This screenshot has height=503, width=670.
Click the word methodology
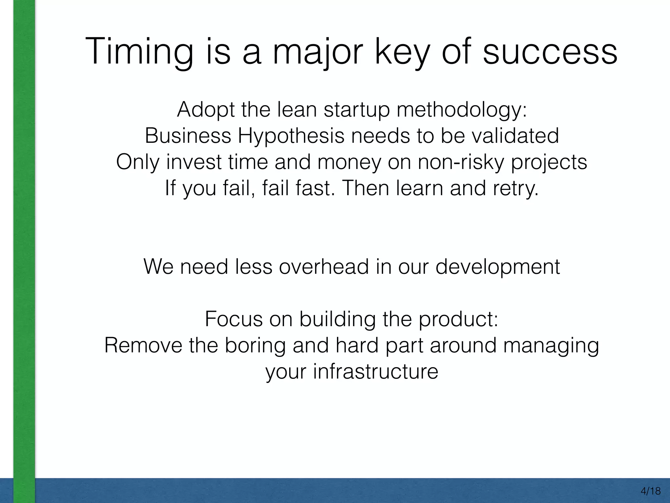point(462,110)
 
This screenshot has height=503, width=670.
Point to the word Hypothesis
point(291,136)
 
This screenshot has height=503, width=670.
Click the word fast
point(315,188)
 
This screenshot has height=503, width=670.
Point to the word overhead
point(324,267)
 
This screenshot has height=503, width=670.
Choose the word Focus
point(234,319)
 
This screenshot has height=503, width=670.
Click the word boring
point(255,346)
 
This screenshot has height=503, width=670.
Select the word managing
point(551,346)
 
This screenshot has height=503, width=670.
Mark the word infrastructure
point(375,372)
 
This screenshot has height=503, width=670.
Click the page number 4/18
point(651,491)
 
